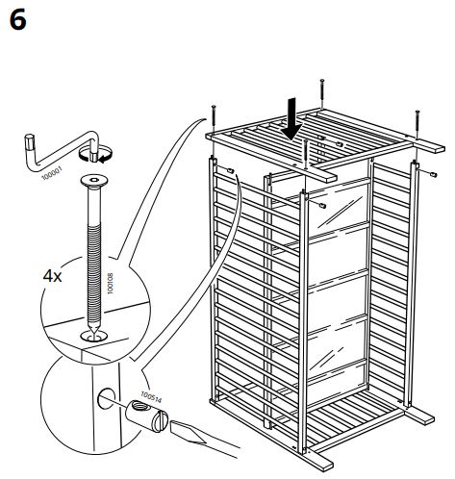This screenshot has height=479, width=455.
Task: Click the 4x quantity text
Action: click(x=53, y=275)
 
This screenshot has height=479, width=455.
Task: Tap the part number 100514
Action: click(x=152, y=397)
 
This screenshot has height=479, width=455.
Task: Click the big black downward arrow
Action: click(x=294, y=119)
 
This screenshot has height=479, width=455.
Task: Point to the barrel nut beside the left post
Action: click(x=234, y=170)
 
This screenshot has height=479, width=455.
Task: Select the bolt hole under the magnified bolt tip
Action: click(x=92, y=338)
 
